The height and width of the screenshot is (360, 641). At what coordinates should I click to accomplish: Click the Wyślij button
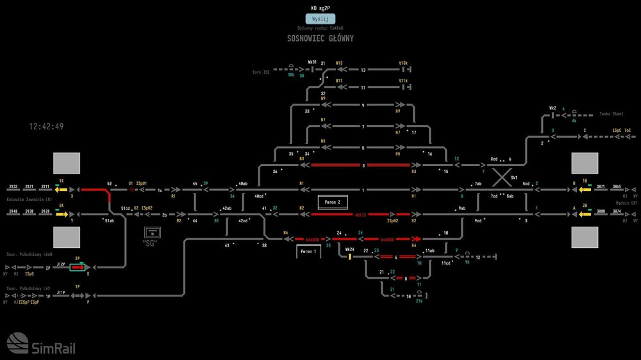click(x=320, y=19)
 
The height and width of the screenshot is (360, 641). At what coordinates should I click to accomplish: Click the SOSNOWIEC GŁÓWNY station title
click(x=320, y=38)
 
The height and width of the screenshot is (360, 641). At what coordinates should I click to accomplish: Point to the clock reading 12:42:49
click(x=46, y=127)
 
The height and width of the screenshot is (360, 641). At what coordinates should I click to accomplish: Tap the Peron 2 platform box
click(x=332, y=202)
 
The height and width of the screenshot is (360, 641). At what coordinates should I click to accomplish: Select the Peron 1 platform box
click(x=308, y=252)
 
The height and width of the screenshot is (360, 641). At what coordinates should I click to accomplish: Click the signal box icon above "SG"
click(x=151, y=231)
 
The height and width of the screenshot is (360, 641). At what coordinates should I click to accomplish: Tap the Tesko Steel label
click(x=611, y=113)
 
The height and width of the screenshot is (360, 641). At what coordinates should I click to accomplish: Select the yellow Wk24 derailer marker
click(x=350, y=257)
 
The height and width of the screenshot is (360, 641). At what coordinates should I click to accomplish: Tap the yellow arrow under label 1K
click(x=62, y=190)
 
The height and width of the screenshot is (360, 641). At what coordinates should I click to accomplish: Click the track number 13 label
click(x=363, y=70)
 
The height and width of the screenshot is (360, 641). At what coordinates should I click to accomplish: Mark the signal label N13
click(x=339, y=63)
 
